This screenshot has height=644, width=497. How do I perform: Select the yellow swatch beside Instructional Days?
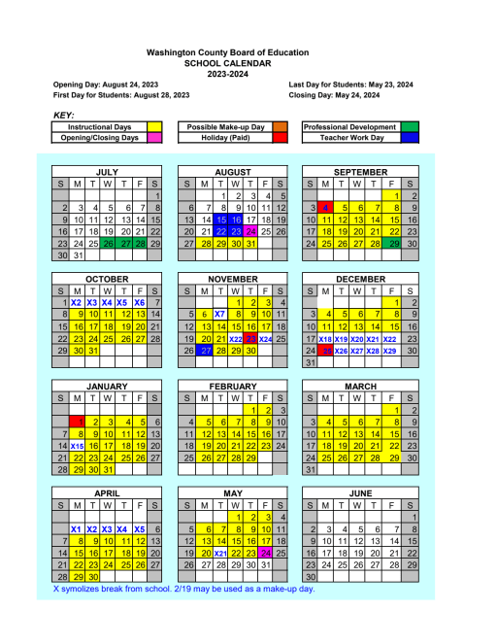[x=153, y=127]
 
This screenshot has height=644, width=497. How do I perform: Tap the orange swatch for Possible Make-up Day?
[x=281, y=127]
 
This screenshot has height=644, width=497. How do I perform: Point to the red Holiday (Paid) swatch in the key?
[x=281, y=138]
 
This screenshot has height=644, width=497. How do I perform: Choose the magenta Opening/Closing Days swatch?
[x=153, y=138]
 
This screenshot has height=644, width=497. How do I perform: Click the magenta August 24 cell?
[x=250, y=231]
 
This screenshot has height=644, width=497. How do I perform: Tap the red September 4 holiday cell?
[x=327, y=208]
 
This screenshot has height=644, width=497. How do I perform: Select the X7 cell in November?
[x=219, y=314]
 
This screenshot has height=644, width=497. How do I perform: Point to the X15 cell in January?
[x=78, y=445]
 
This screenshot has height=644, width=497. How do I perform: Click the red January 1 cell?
[x=78, y=421]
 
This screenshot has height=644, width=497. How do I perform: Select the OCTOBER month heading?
[x=107, y=279]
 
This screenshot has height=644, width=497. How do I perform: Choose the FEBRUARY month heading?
[x=234, y=386]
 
